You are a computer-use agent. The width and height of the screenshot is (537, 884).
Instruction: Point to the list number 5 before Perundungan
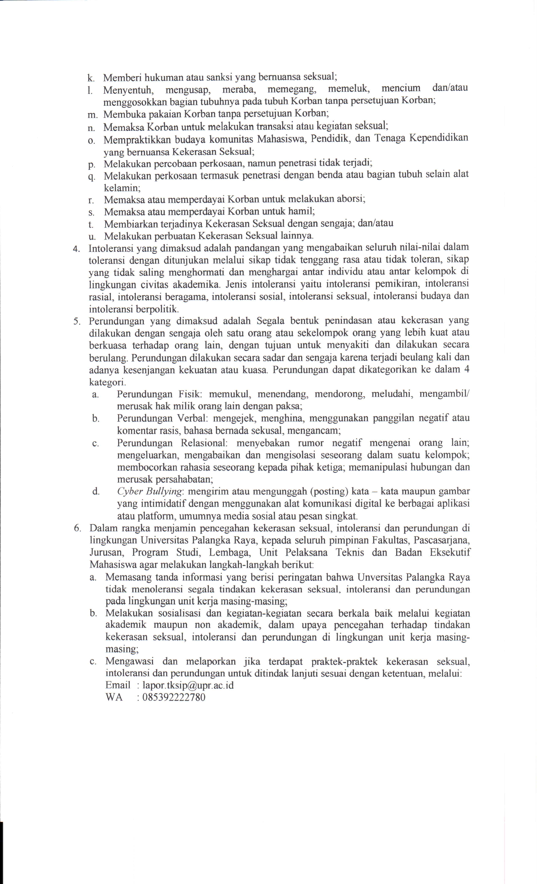[76, 321]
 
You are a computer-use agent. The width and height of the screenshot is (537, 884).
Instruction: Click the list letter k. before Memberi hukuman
[91, 78]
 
